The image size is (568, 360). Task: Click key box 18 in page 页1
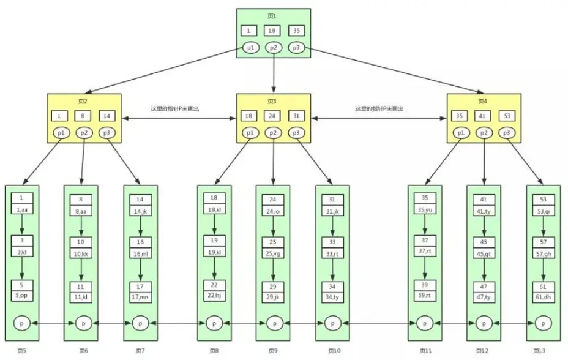[x=273, y=31]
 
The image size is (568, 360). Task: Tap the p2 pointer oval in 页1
[x=273, y=47]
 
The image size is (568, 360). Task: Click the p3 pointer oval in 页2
[x=106, y=133]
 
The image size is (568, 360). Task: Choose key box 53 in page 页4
[x=506, y=116]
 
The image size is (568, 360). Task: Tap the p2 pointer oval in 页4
[x=483, y=133]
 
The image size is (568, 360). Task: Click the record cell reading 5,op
[x=21, y=296]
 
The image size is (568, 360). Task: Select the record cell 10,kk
[x=81, y=253]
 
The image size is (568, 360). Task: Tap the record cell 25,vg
[x=273, y=253]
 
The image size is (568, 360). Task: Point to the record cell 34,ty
[x=332, y=296]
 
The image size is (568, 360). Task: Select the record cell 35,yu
[x=425, y=209]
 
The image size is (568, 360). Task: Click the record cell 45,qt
[x=484, y=253]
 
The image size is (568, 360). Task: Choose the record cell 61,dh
[x=543, y=296]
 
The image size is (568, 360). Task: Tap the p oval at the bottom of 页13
[x=543, y=323]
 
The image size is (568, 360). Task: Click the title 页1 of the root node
[x=273, y=16]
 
